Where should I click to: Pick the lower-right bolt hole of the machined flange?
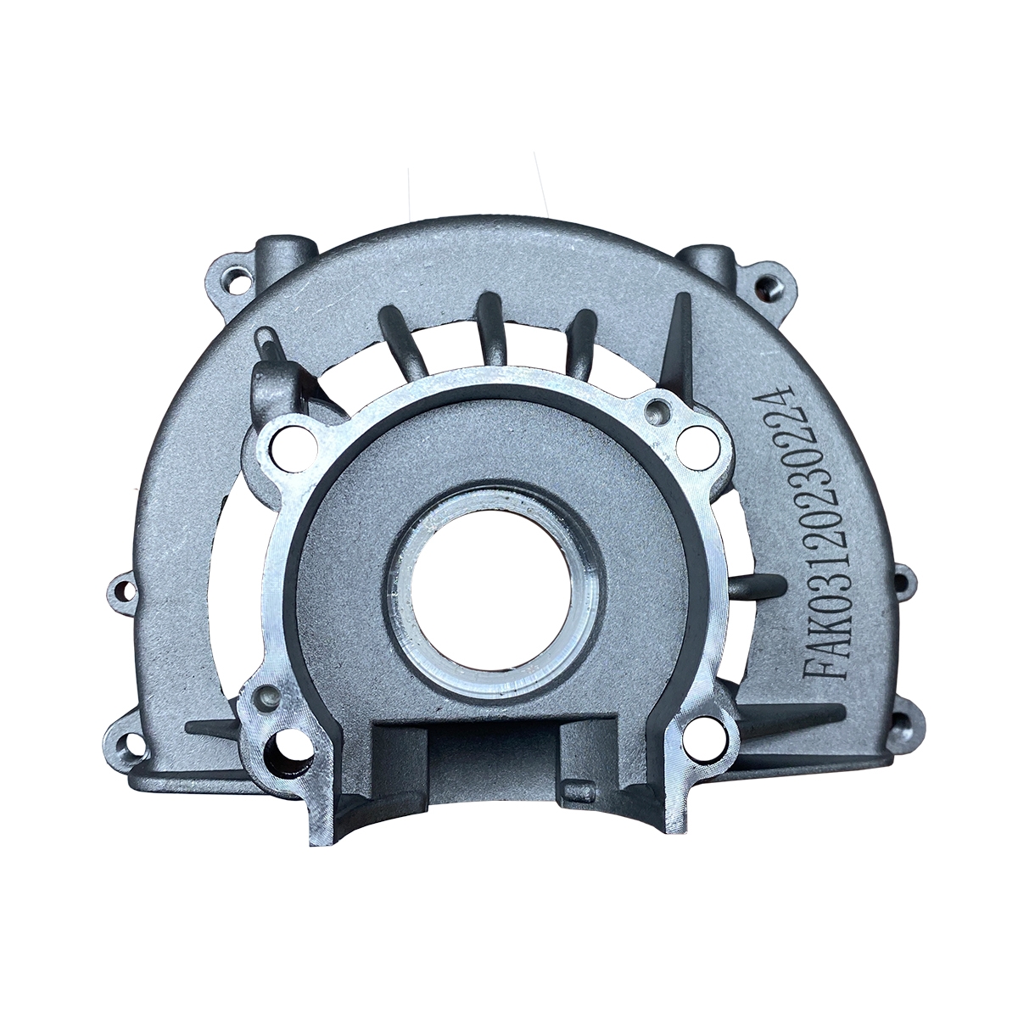[x=702, y=741]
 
